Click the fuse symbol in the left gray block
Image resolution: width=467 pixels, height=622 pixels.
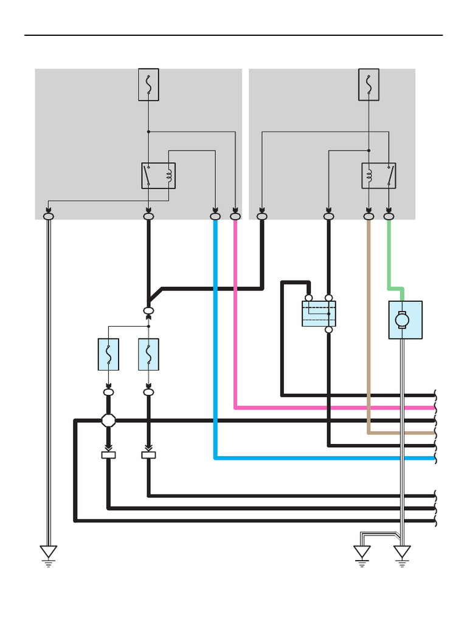coord(148,84)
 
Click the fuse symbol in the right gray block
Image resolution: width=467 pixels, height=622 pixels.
coord(368,84)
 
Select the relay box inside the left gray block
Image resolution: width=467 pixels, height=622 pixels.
coord(158,176)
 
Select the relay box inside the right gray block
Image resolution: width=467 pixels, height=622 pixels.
coord(379,176)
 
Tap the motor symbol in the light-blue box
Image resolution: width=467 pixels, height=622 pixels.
coord(402,320)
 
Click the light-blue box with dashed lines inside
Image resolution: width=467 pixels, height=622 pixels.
coord(319,314)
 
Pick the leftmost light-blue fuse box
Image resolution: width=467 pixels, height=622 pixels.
coord(108,354)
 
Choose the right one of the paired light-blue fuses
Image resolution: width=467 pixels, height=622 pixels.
coord(148,354)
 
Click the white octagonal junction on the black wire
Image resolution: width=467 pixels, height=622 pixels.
coord(108,420)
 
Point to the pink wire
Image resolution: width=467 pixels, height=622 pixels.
coord(235,316)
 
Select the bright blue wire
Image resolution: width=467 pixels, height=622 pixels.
coord(215,340)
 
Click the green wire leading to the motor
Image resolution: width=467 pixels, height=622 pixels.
coord(389,255)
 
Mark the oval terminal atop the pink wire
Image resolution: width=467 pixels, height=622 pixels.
coord(235,216)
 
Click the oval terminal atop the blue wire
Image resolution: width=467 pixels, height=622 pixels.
coord(215,216)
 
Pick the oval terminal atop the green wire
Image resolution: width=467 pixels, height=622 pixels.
coord(389,216)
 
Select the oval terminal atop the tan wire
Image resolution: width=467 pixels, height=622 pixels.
coord(368,216)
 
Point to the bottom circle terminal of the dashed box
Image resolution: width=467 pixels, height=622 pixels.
coord(329,330)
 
